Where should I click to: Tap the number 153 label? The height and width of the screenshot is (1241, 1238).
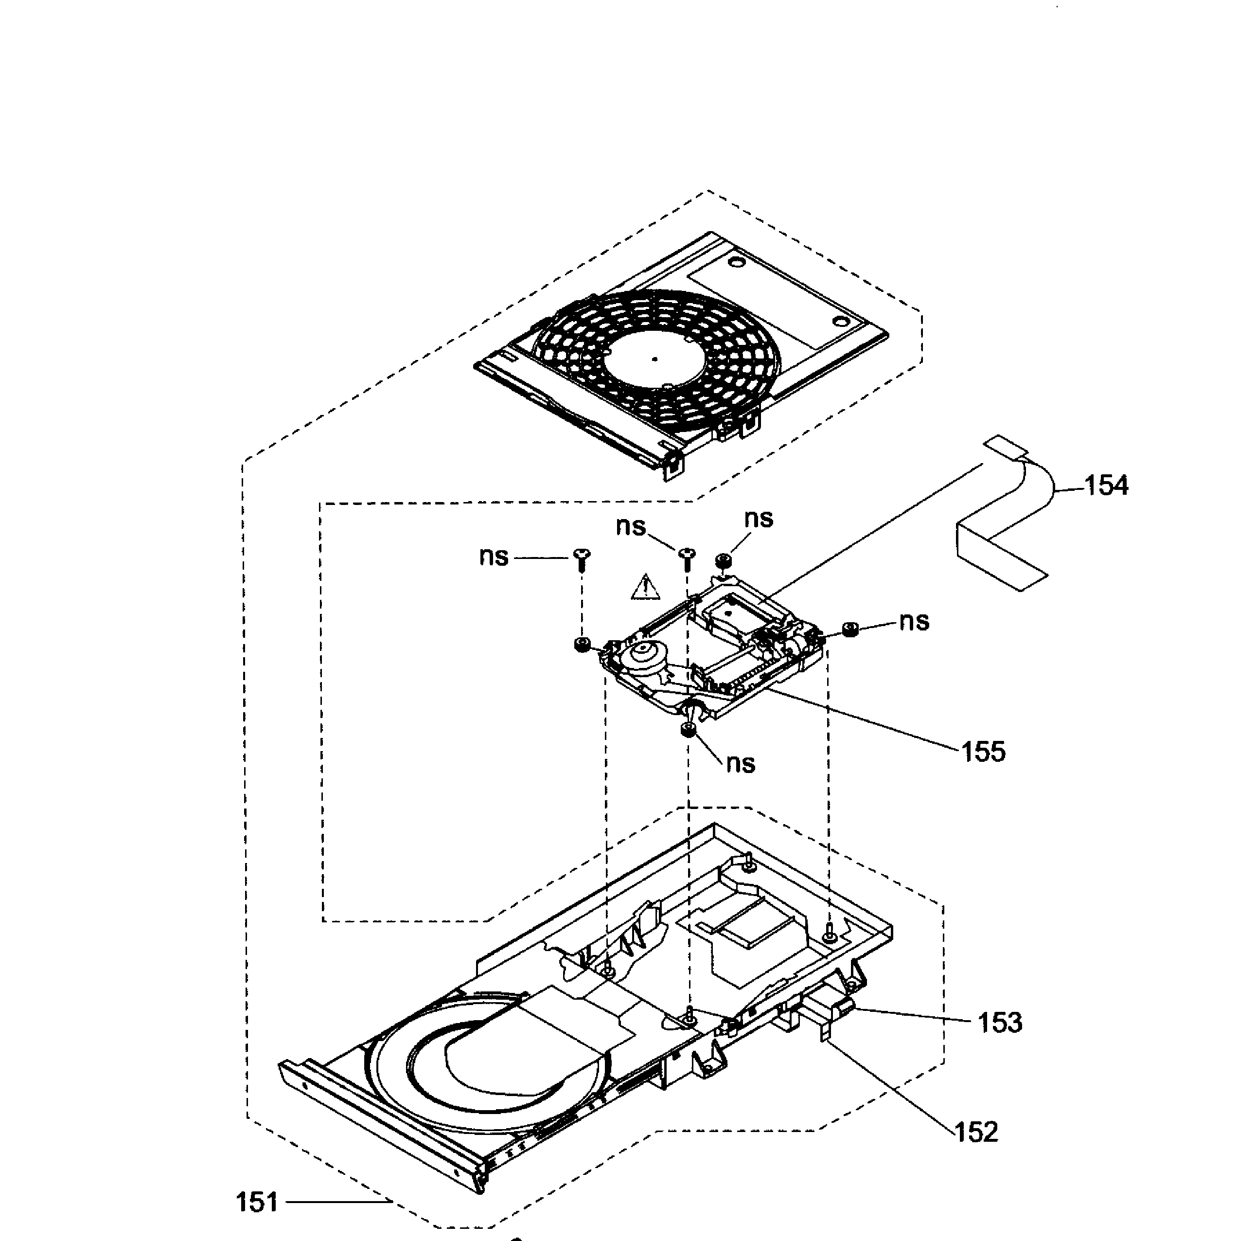[x=1000, y=1023]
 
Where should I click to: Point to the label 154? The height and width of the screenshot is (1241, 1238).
[x=1106, y=486]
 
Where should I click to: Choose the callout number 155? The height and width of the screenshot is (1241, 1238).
[x=983, y=752]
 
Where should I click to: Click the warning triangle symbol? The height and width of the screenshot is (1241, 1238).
[x=645, y=588]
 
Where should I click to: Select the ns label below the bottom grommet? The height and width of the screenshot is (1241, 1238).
[x=741, y=764]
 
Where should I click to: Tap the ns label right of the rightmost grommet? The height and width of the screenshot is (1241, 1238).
[x=914, y=622]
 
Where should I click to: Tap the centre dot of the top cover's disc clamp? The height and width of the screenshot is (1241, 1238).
[x=654, y=359]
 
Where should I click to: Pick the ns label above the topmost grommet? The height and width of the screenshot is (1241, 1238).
[x=759, y=519]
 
